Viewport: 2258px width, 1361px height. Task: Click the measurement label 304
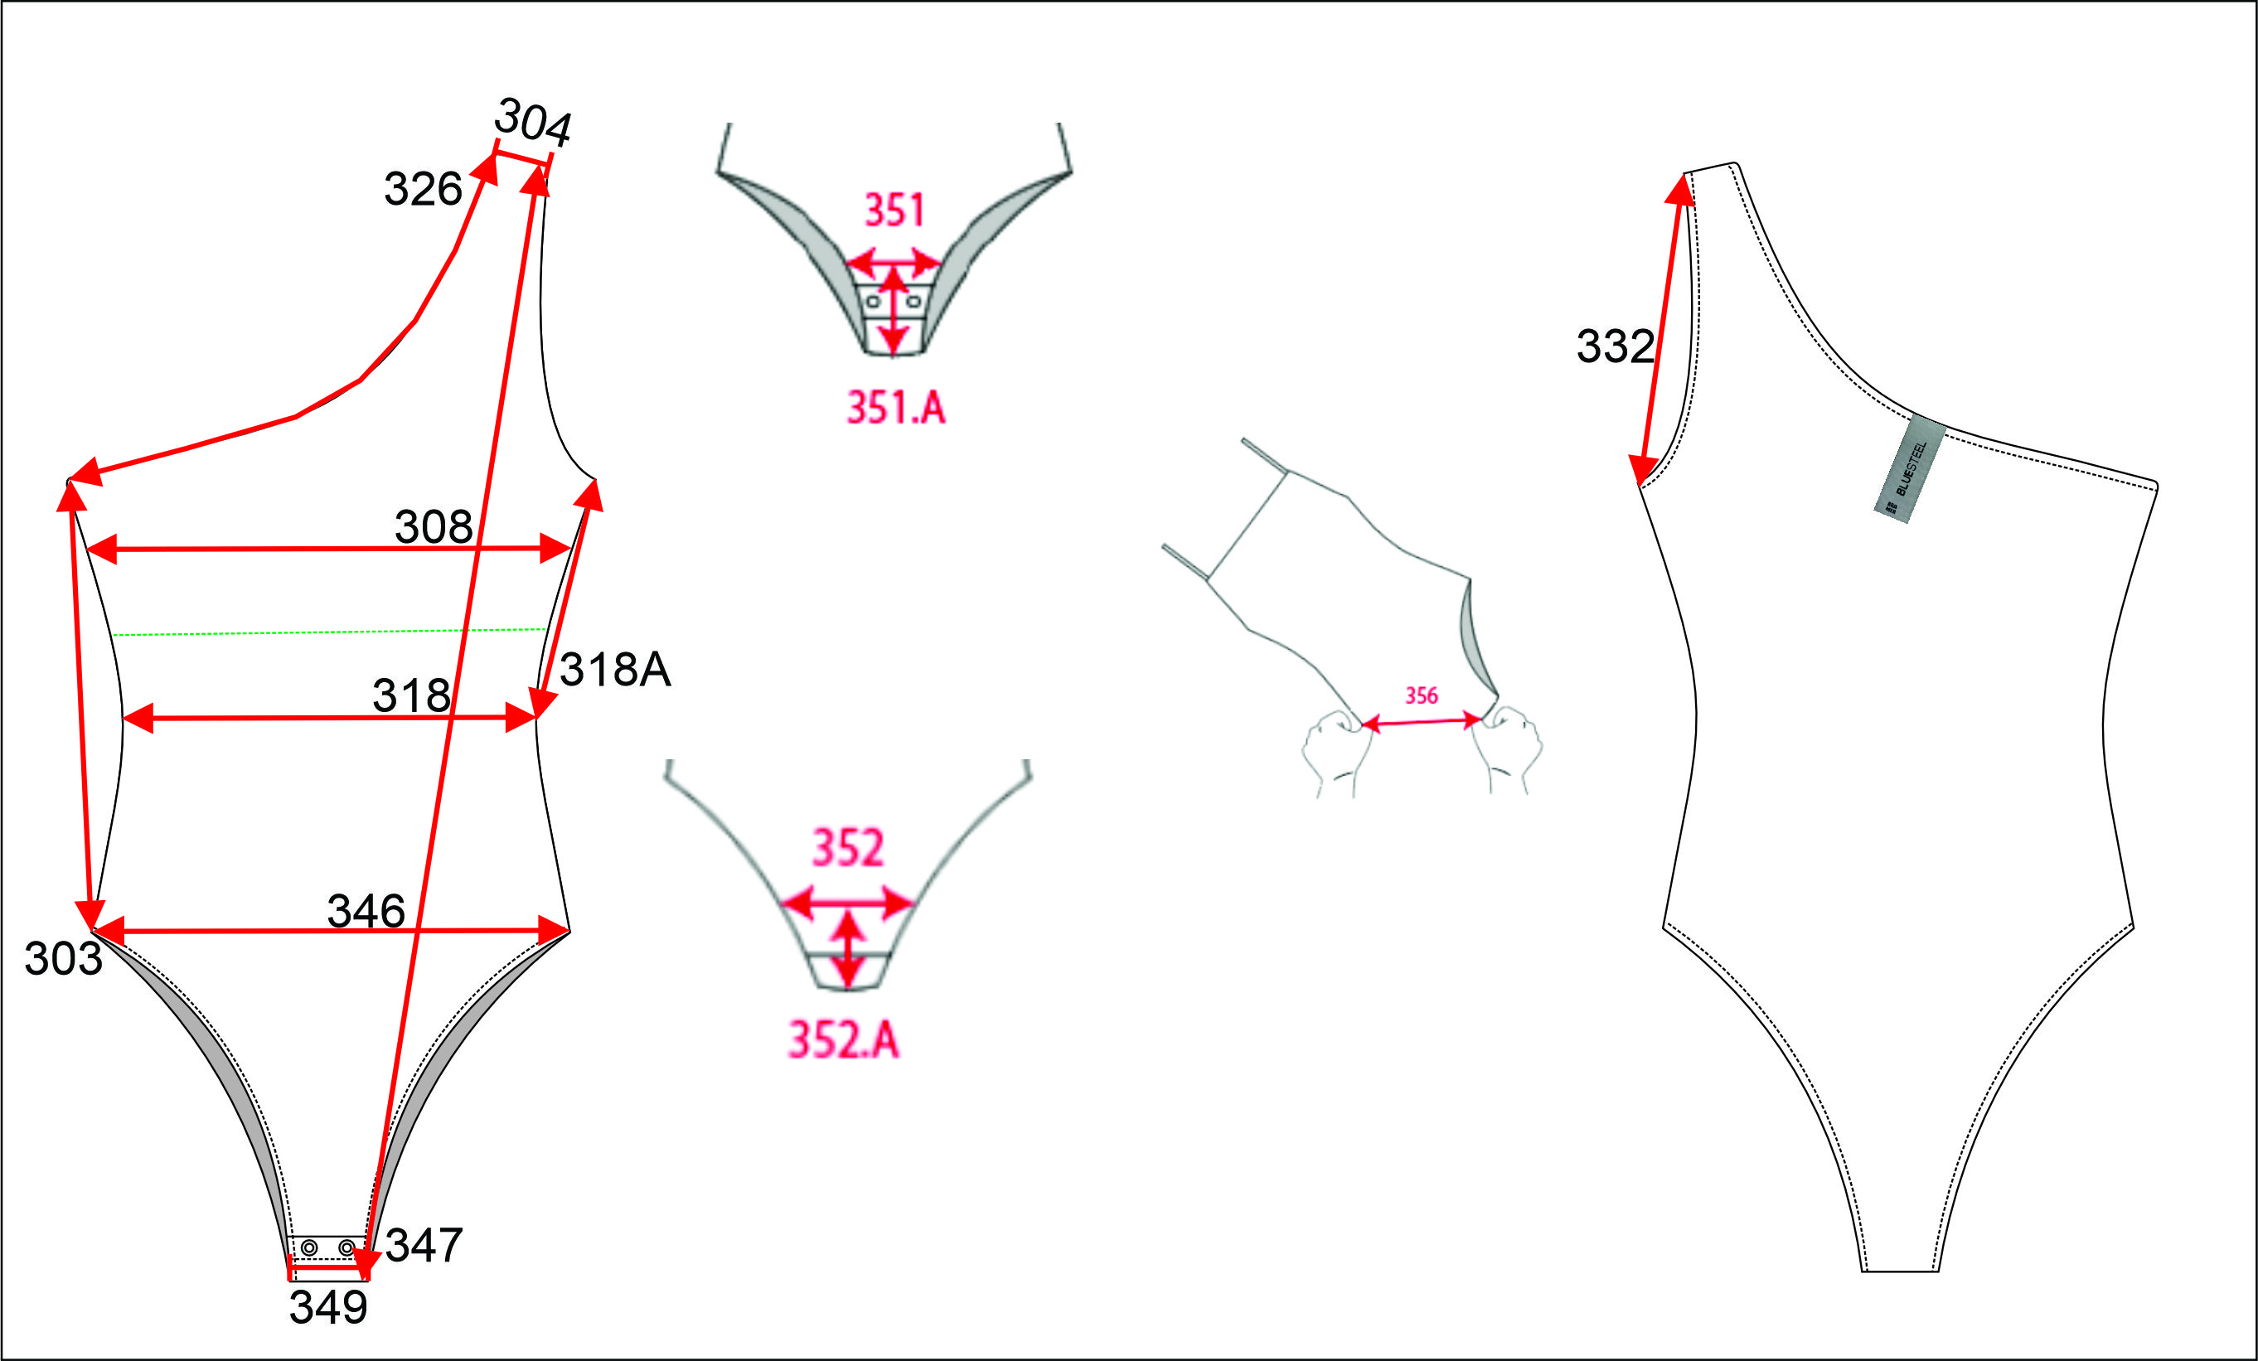point(533,121)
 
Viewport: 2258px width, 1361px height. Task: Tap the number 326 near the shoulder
point(423,189)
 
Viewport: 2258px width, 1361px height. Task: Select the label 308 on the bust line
point(434,526)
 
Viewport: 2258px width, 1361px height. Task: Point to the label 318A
point(615,669)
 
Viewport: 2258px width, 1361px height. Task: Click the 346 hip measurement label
point(366,911)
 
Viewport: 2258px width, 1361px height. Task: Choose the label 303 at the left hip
point(63,959)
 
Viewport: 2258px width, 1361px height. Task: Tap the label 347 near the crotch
point(424,1245)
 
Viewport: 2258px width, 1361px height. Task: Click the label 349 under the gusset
point(328,1307)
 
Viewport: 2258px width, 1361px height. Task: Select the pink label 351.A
point(895,408)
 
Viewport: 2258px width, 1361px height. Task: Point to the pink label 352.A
point(844,1040)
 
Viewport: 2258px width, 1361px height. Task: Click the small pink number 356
point(1422,695)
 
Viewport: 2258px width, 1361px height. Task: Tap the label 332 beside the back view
point(1615,346)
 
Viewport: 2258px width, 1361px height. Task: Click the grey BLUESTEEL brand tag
point(1910,469)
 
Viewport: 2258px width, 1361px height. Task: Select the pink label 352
point(849,848)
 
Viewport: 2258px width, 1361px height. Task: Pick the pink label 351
point(894,210)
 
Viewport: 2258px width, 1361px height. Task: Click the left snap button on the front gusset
point(310,1247)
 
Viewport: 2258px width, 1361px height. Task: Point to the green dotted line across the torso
point(330,632)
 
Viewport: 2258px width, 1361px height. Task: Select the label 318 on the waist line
point(411,695)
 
